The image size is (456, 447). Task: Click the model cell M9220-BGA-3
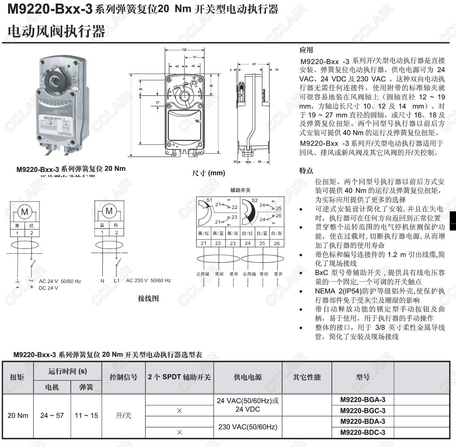pos(363,400)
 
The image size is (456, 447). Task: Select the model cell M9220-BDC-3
pos(363,432)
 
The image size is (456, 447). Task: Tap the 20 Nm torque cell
pos(18,416)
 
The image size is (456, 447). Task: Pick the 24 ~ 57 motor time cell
pos(52,416)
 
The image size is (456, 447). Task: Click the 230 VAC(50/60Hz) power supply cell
pos(248,427)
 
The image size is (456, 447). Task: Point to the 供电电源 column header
pos(248,377)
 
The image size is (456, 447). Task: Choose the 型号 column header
pos(363,377)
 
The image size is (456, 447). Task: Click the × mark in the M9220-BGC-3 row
pos(179,411)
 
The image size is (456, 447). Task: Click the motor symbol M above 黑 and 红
pos(25,212)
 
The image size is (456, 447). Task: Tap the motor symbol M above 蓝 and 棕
pos(109,211)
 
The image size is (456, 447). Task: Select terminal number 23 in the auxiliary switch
pos(233,243)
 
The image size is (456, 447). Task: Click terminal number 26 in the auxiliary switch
pos(277,243)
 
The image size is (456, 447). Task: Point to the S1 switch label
pos(209,200)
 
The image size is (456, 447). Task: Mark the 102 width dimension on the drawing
pos(185,50)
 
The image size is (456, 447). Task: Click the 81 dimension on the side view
pos(254,64)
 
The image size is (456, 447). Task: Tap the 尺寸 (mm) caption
pos(208,173)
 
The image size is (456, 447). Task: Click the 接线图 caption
pos(148,298)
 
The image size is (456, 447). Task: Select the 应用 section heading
pos(306,50)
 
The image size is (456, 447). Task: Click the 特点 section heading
pos(306,171)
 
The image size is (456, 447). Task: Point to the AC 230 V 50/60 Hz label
pos(148,281)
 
